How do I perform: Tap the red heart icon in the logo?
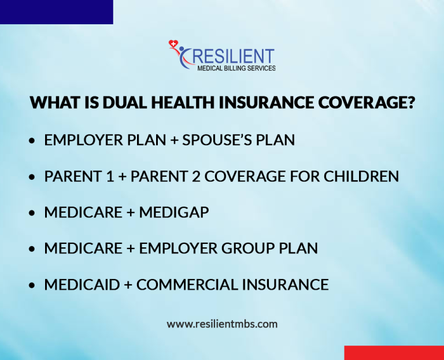pos(173,44)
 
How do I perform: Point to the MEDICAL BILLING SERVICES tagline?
pos(236,68)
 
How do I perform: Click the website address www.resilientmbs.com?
pos(222,324)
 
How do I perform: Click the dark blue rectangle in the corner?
pos(56,12)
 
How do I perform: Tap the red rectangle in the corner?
pos(394,352)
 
